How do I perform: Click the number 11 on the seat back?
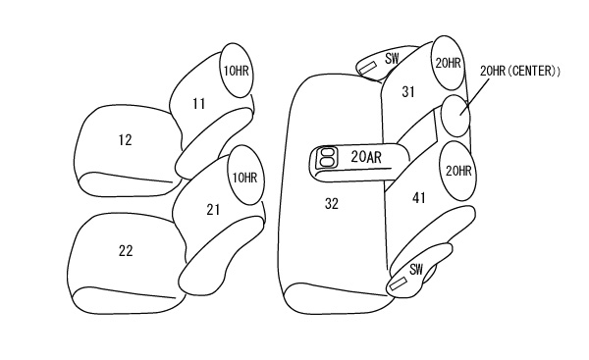(198, 104)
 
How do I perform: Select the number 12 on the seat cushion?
(125, 140)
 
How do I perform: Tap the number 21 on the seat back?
(213, 210)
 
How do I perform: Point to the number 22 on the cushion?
(126, 250)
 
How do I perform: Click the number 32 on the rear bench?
(332, 203)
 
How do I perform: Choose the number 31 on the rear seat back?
(408, 91)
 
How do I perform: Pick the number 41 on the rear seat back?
(419, 197)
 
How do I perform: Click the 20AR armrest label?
(366, 157)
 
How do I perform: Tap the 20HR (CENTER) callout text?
(520, 71)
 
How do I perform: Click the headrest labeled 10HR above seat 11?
(236, 71)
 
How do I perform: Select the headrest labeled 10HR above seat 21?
(245, 176)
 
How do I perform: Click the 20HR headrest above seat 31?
(449, 63)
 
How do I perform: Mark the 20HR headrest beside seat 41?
(457, 172)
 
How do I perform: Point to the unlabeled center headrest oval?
(455, 116)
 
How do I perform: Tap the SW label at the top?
(392, 59)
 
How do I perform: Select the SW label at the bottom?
(416, 269)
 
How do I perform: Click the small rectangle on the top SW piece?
(368, 68)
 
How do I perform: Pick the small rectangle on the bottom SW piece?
(399, 283)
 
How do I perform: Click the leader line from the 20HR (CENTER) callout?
(476, 95)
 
